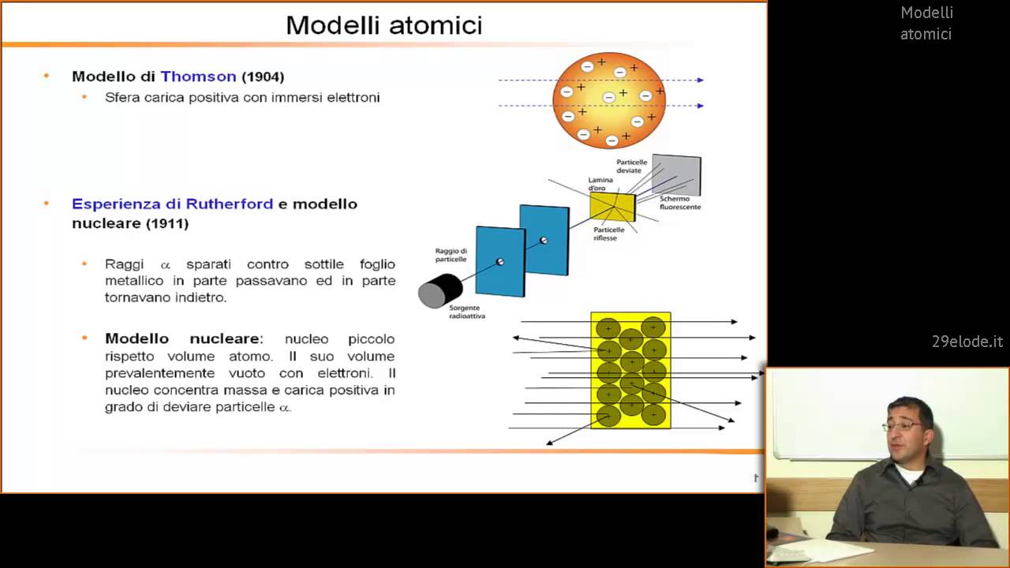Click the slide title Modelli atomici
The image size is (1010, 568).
(x=383, y=25)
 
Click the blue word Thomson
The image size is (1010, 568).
(x=198, y=77)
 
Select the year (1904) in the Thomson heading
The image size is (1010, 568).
(x=263, y=77)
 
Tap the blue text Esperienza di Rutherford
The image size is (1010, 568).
(x=172, y=204)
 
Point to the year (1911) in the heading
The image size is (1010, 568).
(x=166, y=223)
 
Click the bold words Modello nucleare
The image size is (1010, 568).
(x=182, y=338)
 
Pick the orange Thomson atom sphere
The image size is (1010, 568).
(x=609, y=100)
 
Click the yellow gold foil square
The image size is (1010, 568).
(x=612, y=207)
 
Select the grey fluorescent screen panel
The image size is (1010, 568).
(x=676, y=174)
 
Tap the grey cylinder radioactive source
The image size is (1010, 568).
(x=440, y=290)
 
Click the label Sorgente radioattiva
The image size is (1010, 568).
(x=466, y=312)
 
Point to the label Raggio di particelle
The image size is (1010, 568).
(x=451, y=255)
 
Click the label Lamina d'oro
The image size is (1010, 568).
(x=601, y=184)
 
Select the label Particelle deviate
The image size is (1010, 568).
(x=631, y=166)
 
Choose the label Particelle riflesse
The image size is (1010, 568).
(x=609, y=234)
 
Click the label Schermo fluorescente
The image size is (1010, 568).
(x=679, y=203)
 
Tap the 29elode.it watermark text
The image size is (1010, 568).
(x=967, y=342)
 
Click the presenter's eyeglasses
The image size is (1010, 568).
(x=902, y=425)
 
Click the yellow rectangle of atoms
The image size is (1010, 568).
(x=630, y=370)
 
